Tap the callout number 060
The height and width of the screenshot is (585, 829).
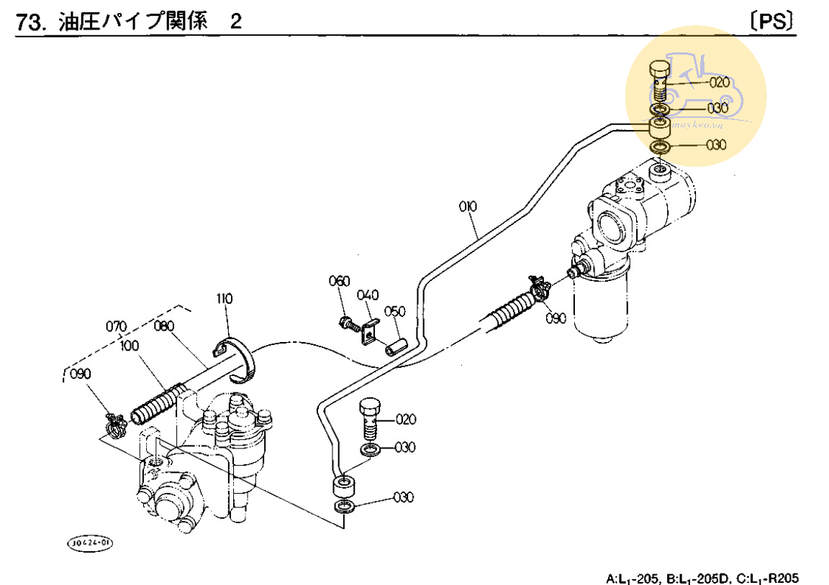pos(339,281)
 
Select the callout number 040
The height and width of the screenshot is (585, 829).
pos(367,295)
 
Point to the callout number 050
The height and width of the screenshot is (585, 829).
pos(395,311)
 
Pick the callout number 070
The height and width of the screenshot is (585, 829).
pos(117,326)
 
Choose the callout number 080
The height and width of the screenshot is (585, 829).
pos(164,326)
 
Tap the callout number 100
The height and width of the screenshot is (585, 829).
pos(130,346)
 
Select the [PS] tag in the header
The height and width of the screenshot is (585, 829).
pos(773,21)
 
